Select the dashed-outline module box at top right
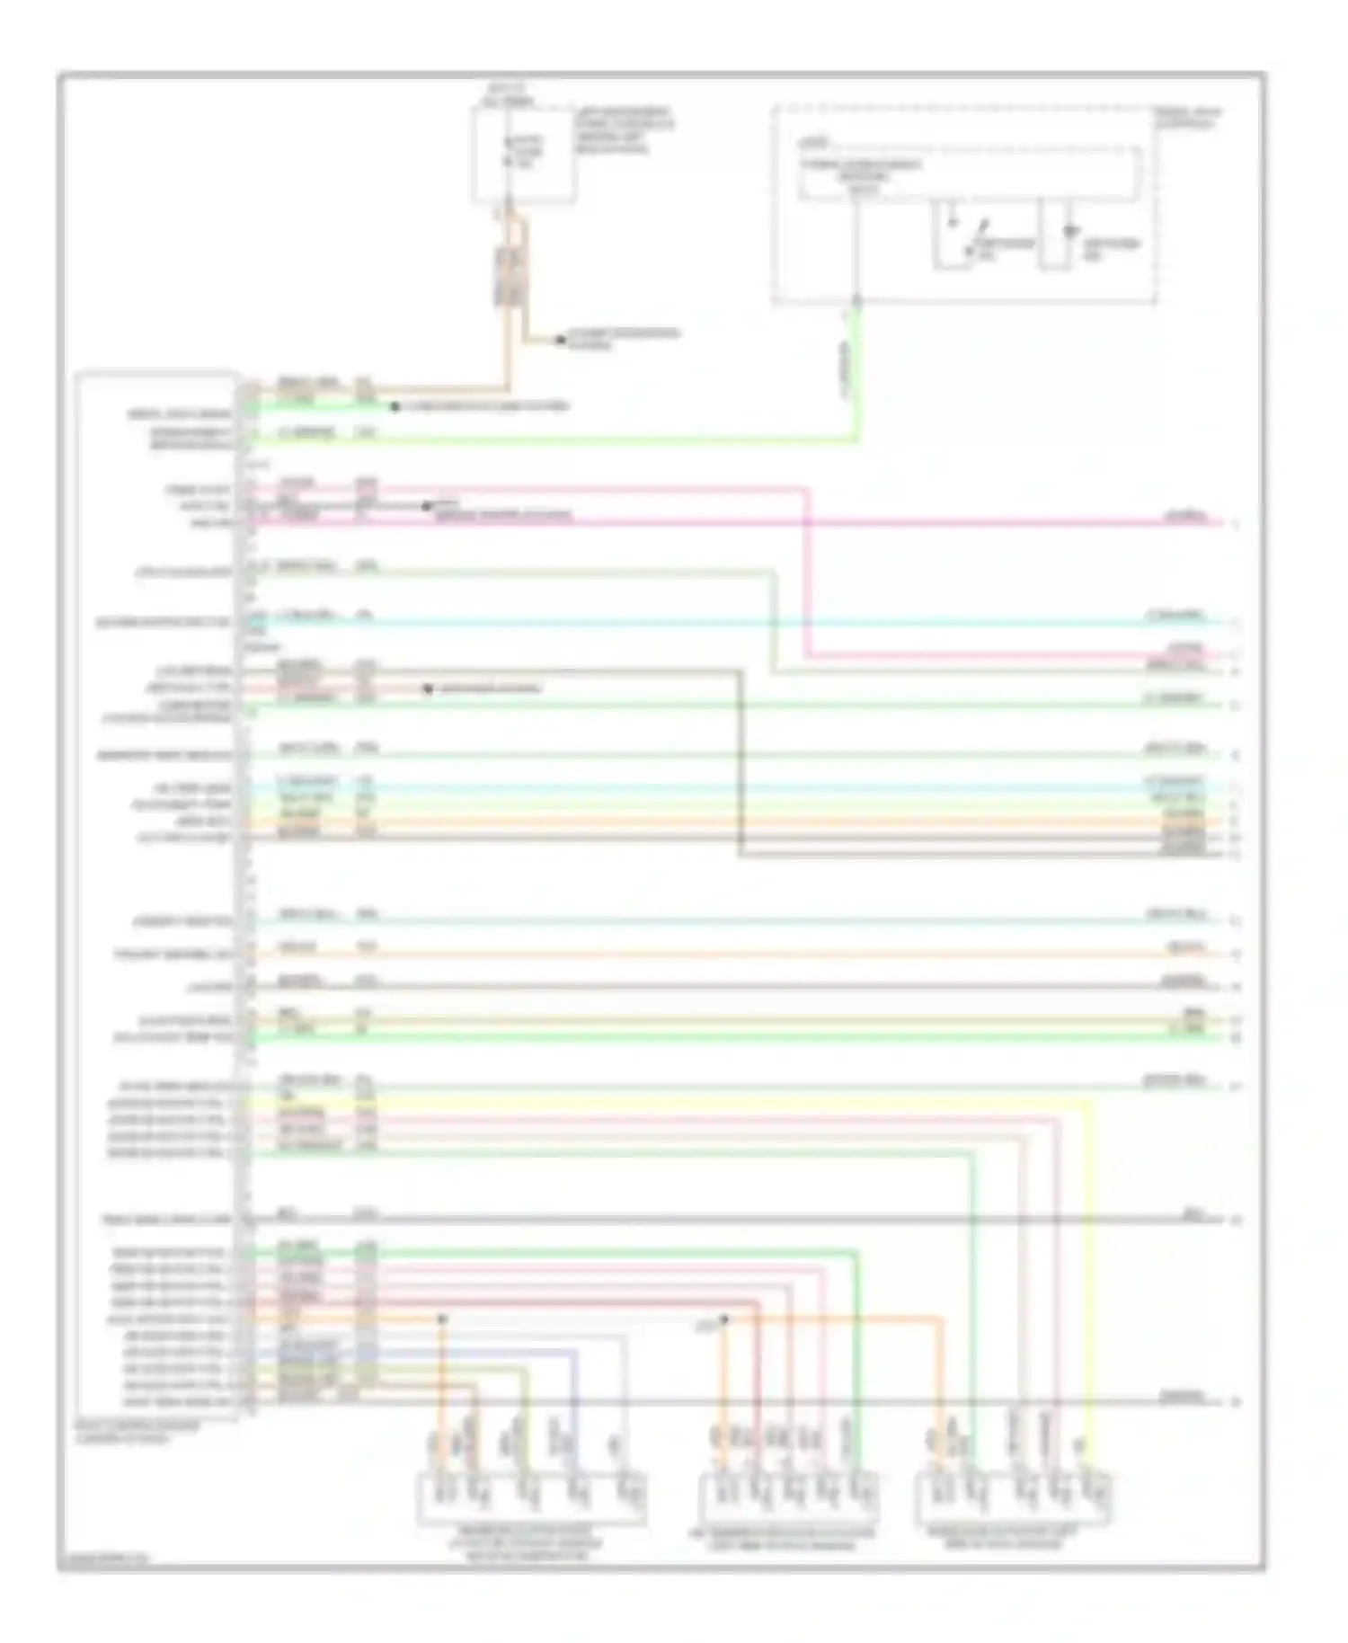(963, 205)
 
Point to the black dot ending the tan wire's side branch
(560, 340)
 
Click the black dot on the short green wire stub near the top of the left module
(395, 407)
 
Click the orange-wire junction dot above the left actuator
(442, 1319)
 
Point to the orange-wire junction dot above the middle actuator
(724, 1319)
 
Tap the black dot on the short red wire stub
(429, 689)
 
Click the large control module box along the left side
(158, 894)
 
